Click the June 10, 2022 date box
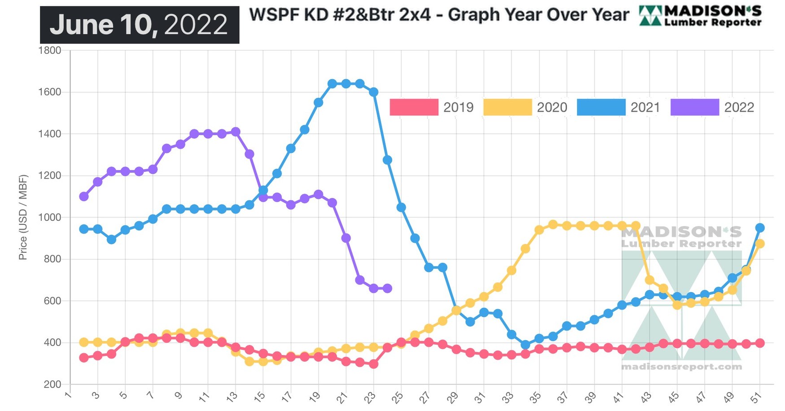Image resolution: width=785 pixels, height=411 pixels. coord(139,25)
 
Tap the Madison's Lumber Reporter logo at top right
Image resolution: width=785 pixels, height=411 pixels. coord(700,16)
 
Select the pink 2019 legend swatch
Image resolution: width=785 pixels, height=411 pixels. coord(413,107)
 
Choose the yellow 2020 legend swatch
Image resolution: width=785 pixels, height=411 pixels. coord(507,107)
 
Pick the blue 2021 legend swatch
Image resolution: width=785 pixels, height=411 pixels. coord(601,107)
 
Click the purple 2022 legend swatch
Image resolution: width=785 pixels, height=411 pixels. coord(694,107)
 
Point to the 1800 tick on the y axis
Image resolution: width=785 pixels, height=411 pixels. coord(50,50)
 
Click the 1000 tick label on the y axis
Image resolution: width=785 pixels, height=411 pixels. coord(50,217)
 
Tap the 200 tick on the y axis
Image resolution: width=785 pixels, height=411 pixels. coord(52,385)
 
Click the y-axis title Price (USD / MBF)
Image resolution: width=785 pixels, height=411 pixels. coord(23,217)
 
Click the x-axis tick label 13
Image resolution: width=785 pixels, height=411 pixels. coord(232,396)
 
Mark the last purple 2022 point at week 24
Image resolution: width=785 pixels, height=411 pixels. coord(387,289)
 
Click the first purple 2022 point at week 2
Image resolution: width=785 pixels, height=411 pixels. coord(84,197)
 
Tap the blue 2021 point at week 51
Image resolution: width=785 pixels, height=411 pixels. coord(760,228)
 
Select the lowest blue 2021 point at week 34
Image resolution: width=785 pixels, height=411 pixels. coord(525,345)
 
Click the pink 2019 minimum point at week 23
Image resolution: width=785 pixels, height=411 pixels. coord(373,364)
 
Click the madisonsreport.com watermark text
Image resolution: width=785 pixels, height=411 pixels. coord(681,367)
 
